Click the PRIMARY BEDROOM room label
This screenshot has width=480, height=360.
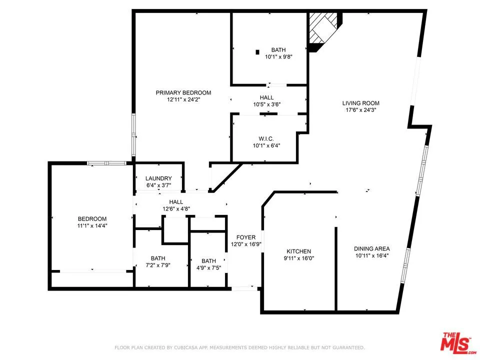tap(183, 92)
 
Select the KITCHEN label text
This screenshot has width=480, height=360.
tap(299, 251)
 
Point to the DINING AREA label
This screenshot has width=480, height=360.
tap(371, 248)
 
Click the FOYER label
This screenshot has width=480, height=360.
tap(246, 237)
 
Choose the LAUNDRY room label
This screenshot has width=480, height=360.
tap(158, 178)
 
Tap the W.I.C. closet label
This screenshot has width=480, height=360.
tap(265, 138)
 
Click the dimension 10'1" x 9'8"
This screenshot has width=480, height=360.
tap(278, 57)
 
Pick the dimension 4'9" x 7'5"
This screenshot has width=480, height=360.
tap(208, 268)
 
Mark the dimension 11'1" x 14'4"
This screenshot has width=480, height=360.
tap(92, 226)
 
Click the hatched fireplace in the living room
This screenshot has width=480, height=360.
tap(322, 28)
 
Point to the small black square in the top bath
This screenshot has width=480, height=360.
tap(257, 51)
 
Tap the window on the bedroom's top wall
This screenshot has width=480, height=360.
tap(106, 163)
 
